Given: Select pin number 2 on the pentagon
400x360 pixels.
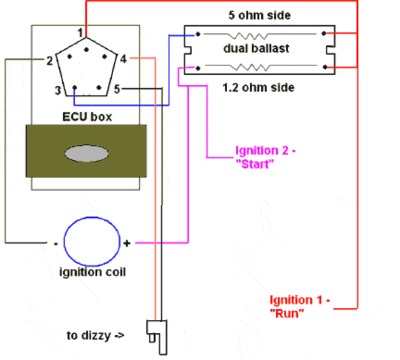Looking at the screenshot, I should click(48, 62).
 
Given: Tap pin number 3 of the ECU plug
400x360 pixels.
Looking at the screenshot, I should click(59, 91).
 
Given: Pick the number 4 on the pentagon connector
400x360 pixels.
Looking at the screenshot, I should click(123, 62).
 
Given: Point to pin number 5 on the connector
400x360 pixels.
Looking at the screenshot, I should click(117, 91).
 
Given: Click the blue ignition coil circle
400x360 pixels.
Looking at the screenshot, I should click(86, 243).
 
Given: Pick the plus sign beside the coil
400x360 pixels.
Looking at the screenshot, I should click(127, 243).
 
